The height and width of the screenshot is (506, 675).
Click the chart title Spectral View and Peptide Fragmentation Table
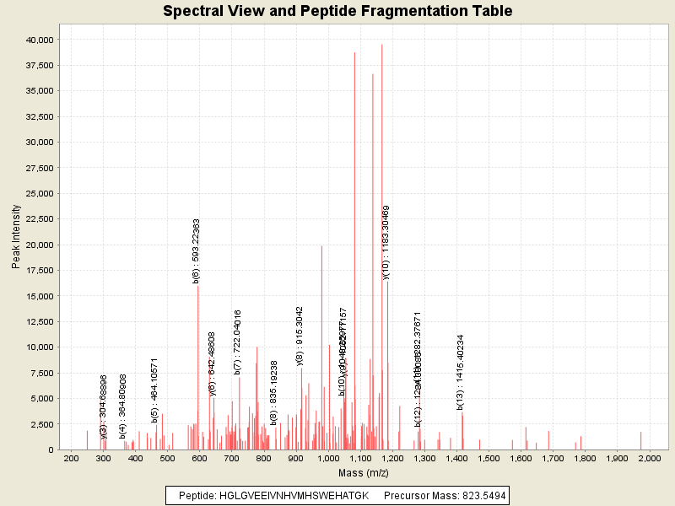point(337,12)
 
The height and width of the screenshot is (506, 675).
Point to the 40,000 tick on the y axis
point(40,40)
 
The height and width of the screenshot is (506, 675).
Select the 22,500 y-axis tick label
point(40,219)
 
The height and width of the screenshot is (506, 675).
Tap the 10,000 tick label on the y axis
point(40,347)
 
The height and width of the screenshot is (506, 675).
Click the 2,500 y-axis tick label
point(42,423)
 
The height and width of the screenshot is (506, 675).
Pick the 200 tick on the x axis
point(72,458)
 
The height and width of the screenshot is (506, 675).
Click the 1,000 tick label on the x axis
point(328,458)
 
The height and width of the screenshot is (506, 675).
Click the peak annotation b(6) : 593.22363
point(197,250)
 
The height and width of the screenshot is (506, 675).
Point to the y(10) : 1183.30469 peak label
point(386,241)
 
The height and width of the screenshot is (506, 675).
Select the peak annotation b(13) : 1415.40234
point(461,372)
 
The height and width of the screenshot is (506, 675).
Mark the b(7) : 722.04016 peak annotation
point(238,342)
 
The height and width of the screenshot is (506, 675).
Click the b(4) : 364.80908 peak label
point(122,406)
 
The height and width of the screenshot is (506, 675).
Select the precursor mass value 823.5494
point(477,496)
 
